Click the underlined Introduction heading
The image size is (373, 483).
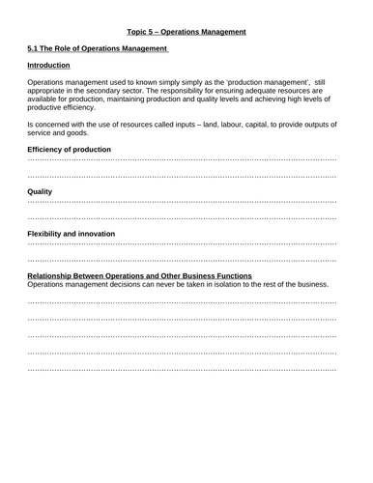click(49, 65)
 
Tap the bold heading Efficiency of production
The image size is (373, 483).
click(69, 150)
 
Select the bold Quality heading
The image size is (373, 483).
click(40, 192)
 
